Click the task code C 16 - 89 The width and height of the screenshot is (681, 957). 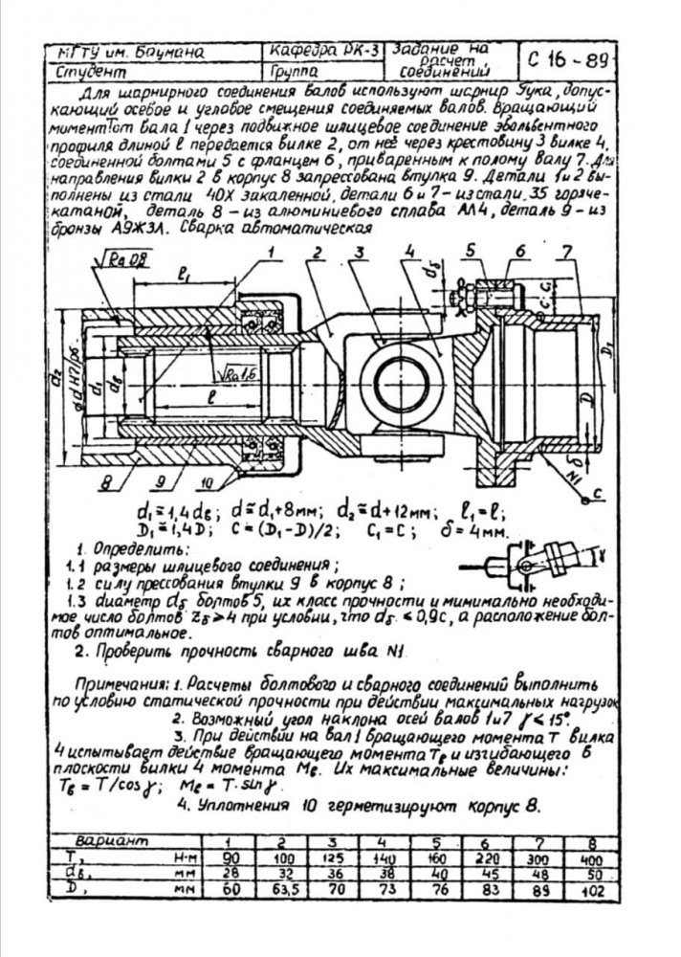tap(567, 63)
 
